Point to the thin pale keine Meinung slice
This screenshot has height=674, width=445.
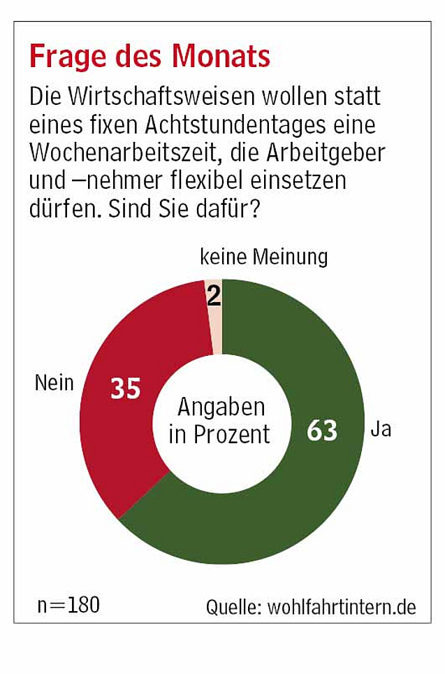click(x=214, y=315)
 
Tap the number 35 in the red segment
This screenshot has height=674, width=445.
click(x=126, y=389)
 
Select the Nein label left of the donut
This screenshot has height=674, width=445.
click(x=54, y=382)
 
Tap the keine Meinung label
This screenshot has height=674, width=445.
click(x=263, y=257)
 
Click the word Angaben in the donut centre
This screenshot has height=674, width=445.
click(x=221, y=407)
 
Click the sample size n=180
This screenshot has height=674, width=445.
click(x=68, y=605)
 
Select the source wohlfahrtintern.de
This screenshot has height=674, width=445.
click(x=342, y=607)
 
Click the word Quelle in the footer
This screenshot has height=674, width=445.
click(x=233, y=607)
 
